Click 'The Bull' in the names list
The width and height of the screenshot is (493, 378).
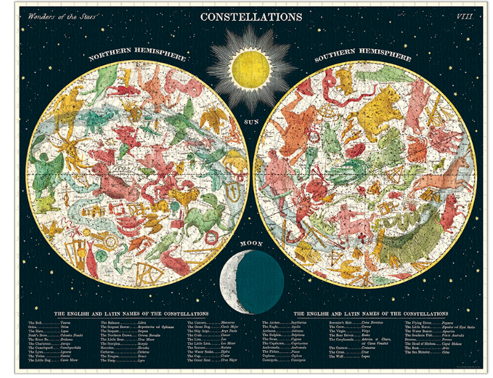click(34, 322)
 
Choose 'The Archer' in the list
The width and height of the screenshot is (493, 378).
click(274, 322)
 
